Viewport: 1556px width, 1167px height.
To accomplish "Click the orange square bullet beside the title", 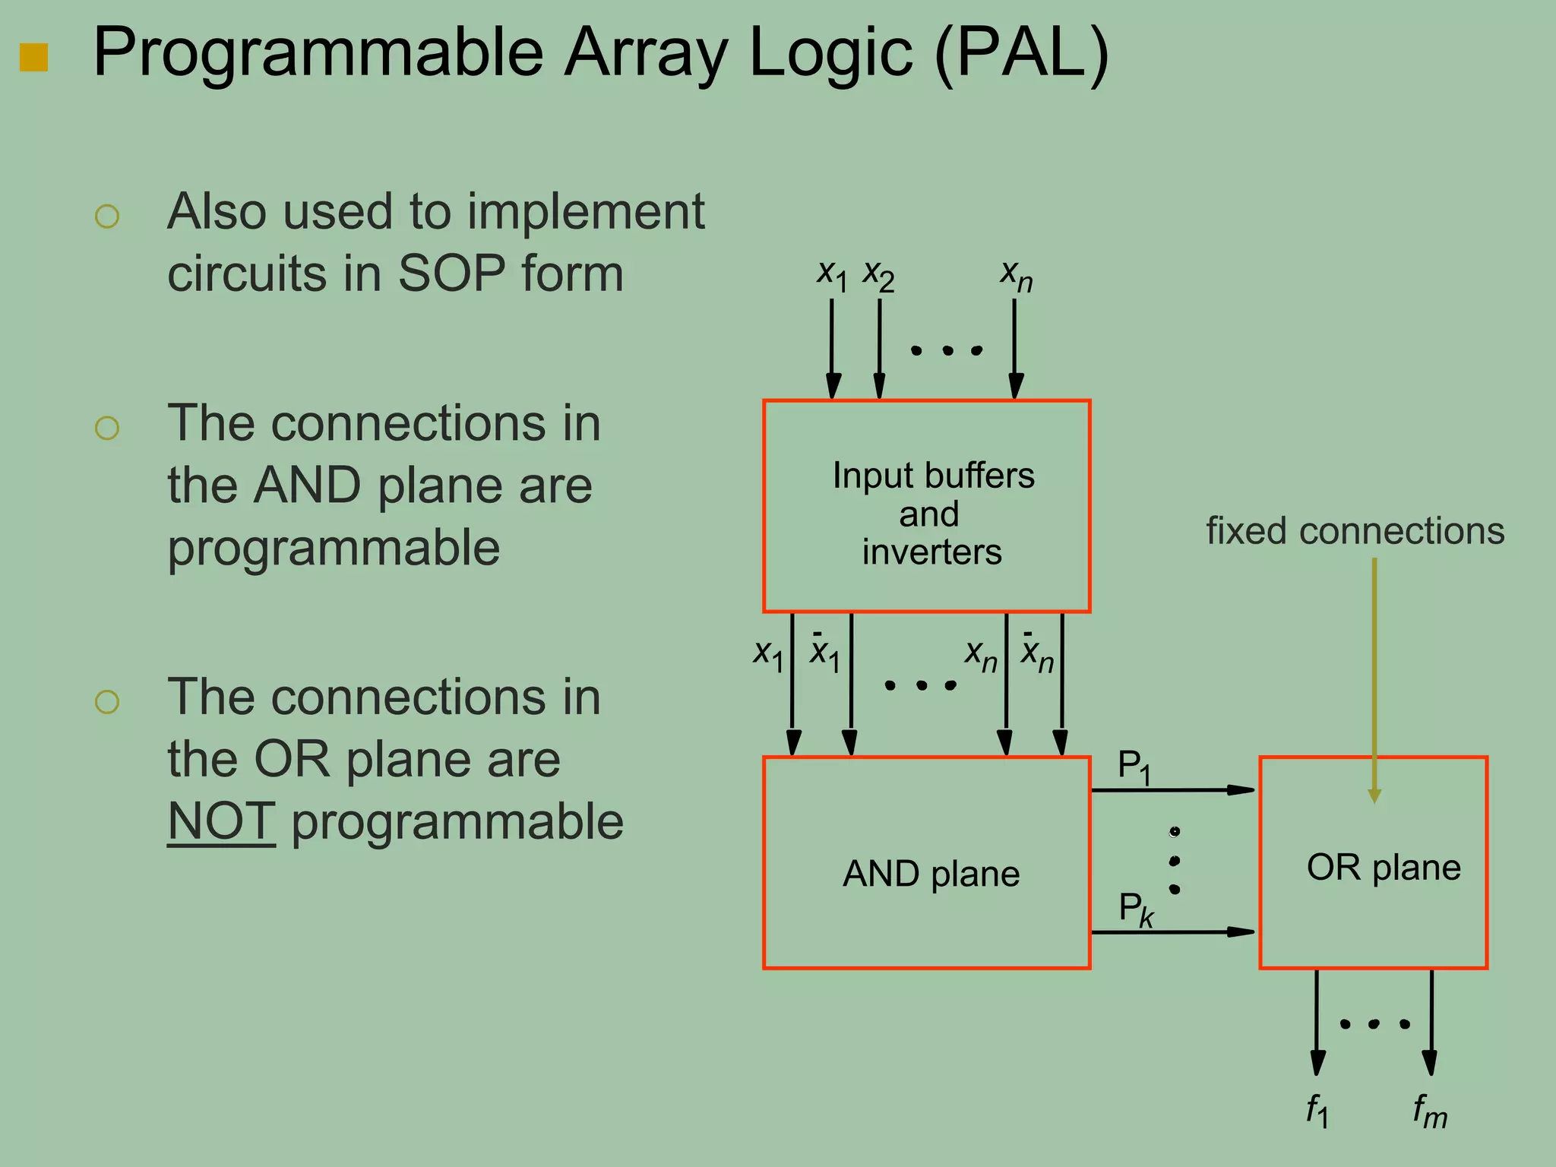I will click(33, 57).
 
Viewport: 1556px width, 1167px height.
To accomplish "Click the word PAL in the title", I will click(1022, 53).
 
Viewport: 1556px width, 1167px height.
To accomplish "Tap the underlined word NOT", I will click(221, 821).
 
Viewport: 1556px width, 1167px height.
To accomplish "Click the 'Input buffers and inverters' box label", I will click(932, 514).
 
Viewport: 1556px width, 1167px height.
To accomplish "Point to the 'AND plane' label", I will click(931, 874).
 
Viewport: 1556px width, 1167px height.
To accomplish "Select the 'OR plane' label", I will click(1384, 867).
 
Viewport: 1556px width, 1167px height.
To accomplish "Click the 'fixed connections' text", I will click(1355, 531).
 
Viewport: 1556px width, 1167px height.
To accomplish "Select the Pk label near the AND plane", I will click(1136, 909).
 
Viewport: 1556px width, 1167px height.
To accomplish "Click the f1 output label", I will click(1317, 1111).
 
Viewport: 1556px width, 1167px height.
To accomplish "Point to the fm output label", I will click(1429, 1111).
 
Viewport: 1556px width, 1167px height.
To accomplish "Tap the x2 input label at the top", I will click(878, 275).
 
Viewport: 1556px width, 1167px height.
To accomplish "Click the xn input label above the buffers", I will click(1016, 275).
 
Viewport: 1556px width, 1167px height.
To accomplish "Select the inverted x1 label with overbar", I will click(824, 652).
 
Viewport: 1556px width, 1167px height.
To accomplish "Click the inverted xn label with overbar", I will click(1036, 652).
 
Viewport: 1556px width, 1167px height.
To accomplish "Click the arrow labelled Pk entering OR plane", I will click(1172, 931).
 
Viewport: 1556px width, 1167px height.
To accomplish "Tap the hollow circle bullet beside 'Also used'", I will click(107, 217).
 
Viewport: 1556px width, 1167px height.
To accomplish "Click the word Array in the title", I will click(645, 53).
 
